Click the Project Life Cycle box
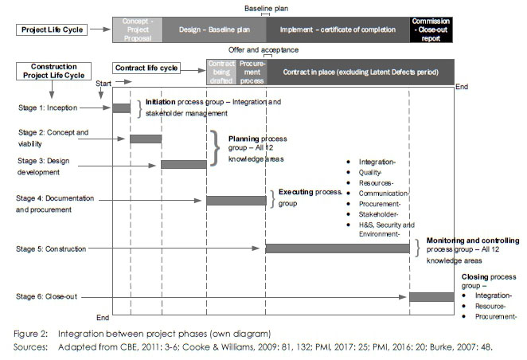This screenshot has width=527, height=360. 52,29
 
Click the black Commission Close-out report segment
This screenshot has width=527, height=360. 431,29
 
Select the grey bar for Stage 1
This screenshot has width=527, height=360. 121,108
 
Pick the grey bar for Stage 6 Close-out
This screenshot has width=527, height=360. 431,297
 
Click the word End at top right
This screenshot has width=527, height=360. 462,86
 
